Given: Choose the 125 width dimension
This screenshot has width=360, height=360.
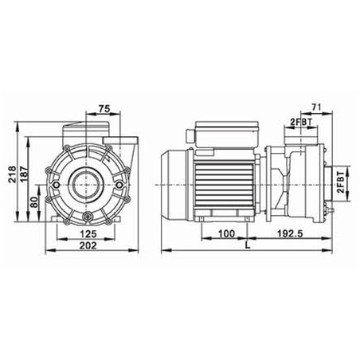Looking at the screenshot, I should coord(88,233).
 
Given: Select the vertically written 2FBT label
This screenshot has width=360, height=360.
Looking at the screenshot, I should coord(342,182).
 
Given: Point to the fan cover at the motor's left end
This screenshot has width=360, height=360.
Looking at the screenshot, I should coord(174,182).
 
